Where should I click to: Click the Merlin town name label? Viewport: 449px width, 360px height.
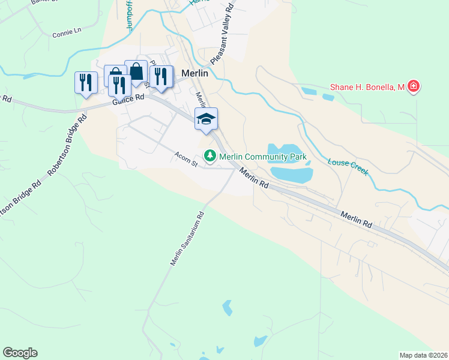click(194, 73)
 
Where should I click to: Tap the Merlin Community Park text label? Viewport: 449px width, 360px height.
click(263, 157)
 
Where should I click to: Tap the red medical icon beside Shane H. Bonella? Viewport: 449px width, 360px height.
click(413, 88)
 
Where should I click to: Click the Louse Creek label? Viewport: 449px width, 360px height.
click(348, 166)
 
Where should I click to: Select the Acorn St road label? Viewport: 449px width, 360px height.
click(186, 158)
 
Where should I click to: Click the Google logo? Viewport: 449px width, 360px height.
click(20, 353)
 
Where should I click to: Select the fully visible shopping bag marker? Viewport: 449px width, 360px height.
click(136, 72)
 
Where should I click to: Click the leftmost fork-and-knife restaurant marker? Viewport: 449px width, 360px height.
click(85, 82)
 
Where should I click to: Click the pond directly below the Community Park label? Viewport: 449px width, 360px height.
click(292, 175)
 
